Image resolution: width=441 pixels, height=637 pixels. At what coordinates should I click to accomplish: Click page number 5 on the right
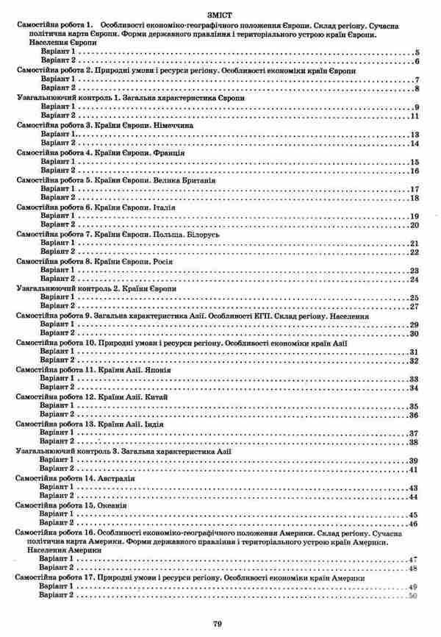pyautogui.click(x=416, y=54)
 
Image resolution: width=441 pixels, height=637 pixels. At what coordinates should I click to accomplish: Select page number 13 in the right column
pyautogui.click(x=414, y=135)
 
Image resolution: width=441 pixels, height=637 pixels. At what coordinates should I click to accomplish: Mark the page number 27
pyautogui.click(x=414, y=307)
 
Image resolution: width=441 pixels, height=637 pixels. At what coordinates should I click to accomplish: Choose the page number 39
pyautogui.click(x=414, y=460)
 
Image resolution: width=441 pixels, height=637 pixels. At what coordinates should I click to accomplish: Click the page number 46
pyautogui.click(x=414, y=524)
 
